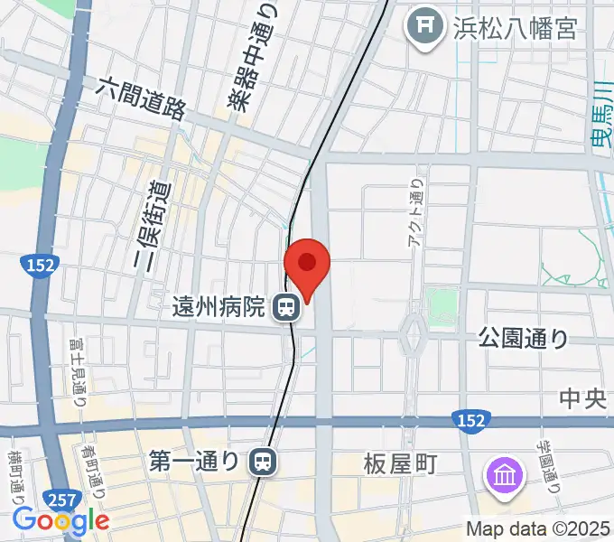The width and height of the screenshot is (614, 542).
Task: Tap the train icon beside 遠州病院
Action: (x=286, y=308)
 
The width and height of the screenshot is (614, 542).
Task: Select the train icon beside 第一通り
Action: (x=263, y=463)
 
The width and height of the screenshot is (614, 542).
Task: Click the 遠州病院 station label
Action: (x=219, y=308)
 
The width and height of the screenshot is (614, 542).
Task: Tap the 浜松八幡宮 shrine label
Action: (x=514, y=28)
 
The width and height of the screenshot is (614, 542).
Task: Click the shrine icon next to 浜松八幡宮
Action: (x=422, y=27)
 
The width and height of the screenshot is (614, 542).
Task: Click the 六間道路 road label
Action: (x=142, y=98)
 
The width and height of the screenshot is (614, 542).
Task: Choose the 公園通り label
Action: (x=523, y=339)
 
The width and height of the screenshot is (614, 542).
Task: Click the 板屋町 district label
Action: (x=400, y=464)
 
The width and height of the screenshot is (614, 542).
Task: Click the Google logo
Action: (x=60, y=520)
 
